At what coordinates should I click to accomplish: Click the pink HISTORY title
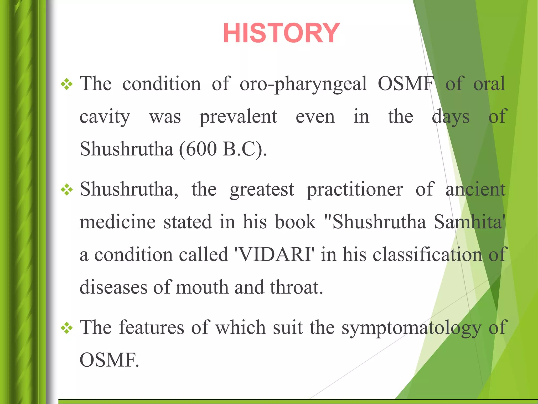281,33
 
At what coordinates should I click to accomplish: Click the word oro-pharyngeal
303,84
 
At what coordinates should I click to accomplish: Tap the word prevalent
238,117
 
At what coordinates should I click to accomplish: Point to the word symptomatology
411,328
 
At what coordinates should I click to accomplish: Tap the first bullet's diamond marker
67,84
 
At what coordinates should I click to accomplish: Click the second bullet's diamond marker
67,190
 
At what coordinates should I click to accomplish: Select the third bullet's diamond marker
67,328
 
